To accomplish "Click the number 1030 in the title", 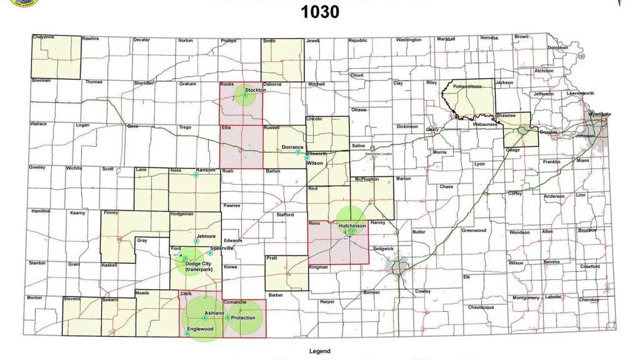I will point(320,12).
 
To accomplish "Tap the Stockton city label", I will point(255,90).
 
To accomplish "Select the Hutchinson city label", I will point(352,226).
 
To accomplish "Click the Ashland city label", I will point(214,313).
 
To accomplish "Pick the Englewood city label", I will point(200,329).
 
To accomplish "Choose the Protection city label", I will point(243,318).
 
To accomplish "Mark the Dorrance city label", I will point(292,147).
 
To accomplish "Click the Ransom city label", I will point(205,170).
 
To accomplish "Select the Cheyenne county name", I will point(43,37).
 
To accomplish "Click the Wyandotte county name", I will point(599,115).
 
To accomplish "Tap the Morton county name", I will point(34,298).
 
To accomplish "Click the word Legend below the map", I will point(319,352).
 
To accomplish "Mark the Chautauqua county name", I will point(481,307).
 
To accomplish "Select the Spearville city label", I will point(221,248).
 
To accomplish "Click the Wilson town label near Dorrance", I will point(314,163).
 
